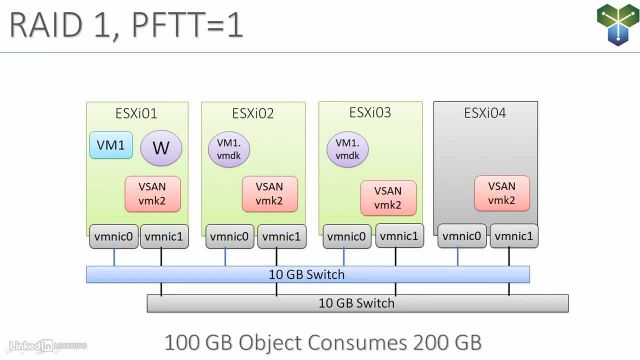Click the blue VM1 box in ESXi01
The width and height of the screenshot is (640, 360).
coord(110,146)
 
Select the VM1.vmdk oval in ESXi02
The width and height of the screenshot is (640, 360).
coord(229,150)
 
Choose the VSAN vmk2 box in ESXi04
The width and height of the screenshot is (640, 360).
coord(502,193)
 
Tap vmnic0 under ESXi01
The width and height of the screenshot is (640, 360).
coord(112,237)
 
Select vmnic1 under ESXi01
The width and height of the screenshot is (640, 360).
coord(161,237)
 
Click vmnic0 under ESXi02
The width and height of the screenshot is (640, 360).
coord(229,237)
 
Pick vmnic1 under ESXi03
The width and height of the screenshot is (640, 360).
coord(397,237)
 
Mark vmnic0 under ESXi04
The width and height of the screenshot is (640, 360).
coord(463,237)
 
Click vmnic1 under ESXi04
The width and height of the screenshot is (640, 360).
coord(513,237)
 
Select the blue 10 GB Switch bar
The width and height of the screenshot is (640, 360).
coord(307,274)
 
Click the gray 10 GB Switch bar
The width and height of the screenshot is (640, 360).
coord(358,303)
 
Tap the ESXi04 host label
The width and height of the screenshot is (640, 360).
coord(485,113)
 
